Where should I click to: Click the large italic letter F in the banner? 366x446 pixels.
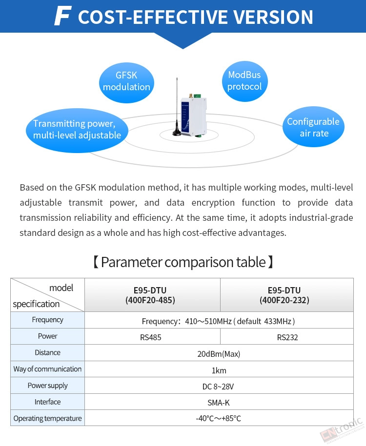coord(62,16)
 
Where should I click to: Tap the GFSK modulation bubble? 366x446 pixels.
coord(126,82)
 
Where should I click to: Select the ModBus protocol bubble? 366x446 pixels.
coord(244,81)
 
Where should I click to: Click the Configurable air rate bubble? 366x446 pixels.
coord(313,127)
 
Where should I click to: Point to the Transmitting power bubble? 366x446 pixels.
coord(77,130)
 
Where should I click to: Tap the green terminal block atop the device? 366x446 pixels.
coord(197,96)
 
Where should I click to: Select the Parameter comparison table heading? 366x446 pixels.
coord(183,262)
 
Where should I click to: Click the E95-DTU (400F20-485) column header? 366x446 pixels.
coord(150,295)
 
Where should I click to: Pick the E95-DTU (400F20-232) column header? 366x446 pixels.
coord(284,295)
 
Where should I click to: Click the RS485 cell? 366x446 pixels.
coord(151,337)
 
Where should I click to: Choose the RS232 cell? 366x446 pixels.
coord(287,337)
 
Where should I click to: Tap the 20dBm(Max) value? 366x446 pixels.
coord(219,354)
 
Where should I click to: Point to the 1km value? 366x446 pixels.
coord(219,370)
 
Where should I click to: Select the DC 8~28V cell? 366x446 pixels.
coord(218,387)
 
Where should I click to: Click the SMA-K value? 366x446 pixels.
coord(219,403)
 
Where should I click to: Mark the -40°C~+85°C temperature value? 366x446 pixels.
coord(219,418)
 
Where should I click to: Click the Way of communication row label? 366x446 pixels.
coord(47,369)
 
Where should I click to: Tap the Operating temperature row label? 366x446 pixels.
coord(47,418)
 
